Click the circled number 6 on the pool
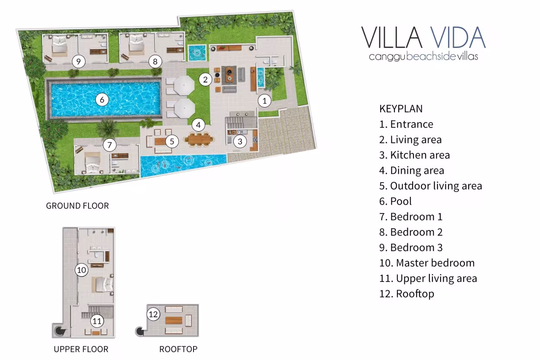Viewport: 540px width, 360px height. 102,100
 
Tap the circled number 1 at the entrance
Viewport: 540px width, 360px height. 264,101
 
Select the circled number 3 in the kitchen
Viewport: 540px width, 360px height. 240,141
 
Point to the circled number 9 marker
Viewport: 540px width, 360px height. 79,62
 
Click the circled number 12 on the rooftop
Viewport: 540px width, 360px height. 153,314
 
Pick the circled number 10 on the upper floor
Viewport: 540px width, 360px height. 82,270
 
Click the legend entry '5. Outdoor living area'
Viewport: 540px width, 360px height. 431,186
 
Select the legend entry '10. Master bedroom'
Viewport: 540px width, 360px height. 427,263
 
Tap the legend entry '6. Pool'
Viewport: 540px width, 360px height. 395,201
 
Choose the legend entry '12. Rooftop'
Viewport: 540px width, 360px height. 407,294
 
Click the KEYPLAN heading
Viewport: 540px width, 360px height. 401,109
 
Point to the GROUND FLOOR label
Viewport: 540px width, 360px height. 77,206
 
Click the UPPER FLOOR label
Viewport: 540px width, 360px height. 81,349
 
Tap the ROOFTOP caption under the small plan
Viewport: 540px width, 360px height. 178,349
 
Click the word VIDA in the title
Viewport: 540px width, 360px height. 457,38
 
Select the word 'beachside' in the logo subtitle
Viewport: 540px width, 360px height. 431,57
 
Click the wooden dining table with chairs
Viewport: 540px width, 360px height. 198,139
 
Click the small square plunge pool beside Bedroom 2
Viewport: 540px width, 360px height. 197,53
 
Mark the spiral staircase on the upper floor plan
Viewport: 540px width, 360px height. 59,331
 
